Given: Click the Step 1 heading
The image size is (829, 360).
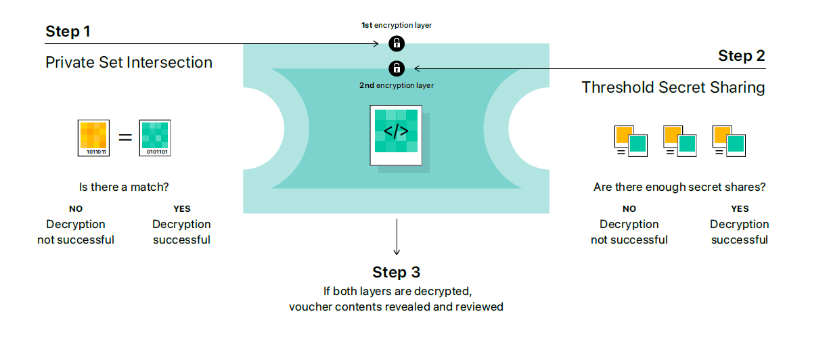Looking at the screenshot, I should click(x=68, y=31).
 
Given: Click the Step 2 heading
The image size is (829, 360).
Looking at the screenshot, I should click(x=741, y=56).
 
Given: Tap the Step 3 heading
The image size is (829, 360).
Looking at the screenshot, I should click(x=396, y=272).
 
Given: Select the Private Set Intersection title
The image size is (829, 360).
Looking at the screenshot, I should click(x=129, y=63).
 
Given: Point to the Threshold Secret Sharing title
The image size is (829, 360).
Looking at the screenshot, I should click(x=673, y=87).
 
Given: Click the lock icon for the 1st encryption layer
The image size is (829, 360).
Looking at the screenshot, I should click(x=397, y=44).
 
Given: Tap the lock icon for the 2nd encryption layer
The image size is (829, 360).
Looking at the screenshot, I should click(x=397, y=68).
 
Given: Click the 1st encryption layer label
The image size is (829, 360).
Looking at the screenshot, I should click(x=396, y=25).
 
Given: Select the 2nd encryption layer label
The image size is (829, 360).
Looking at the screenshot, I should click(x=396, y=86).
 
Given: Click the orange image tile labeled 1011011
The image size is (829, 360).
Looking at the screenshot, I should click(x=93, y=138).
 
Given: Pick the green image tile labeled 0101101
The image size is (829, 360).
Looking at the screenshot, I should click(x=155, y=138).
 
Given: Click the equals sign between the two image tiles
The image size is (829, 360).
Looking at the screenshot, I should click(x=125, y=137).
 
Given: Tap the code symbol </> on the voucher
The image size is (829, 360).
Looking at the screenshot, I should click(x=396, y=131).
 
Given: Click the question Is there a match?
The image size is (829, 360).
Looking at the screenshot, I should click(x=124, y=187).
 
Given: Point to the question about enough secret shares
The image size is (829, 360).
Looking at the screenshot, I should click(x=679, y=187).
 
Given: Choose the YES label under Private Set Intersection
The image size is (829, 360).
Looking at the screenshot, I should click(x=181, y=209).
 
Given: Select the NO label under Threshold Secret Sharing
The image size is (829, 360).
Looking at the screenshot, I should click(x=629, y=209).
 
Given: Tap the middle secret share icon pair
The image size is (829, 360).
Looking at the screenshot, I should click(x=679, y=141).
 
